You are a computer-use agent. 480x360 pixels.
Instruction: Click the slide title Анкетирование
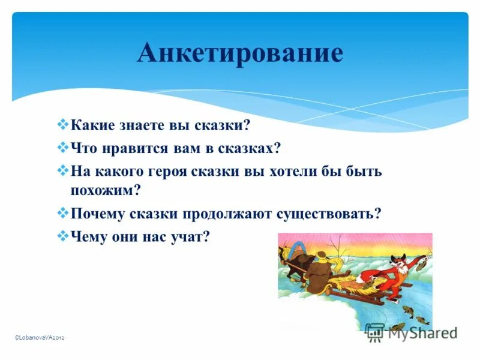point(240,53)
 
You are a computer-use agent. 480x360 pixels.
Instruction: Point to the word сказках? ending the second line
point(252,148)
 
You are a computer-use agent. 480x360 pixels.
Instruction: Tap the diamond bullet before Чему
point(64,235)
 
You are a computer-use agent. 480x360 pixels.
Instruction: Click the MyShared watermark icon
point(374,332)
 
